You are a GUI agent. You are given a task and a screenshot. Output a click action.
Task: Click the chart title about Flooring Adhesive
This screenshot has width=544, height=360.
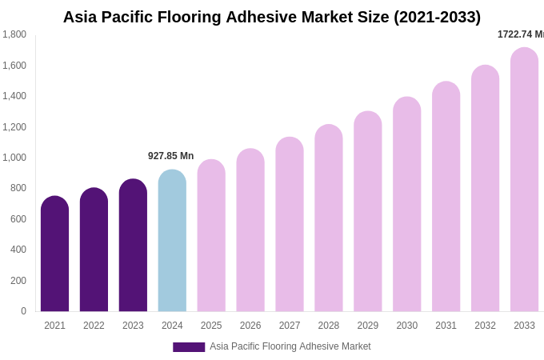pos(271,17)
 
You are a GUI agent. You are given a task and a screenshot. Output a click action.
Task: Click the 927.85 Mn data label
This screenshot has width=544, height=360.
pos(170,156)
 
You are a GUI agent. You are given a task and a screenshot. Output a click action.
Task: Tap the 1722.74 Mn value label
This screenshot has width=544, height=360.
pos(521,34)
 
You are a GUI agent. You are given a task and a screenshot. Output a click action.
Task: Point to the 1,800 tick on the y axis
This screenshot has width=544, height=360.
pos(14,34)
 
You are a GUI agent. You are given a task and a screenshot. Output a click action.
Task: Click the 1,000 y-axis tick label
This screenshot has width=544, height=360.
pos(14,158)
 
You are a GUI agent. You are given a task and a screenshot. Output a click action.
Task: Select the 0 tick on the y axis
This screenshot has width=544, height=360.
pos(23,311)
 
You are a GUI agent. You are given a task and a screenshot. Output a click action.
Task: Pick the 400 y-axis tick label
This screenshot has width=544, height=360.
pos(17,250)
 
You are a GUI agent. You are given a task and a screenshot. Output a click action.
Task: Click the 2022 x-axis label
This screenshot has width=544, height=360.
pos(94,326)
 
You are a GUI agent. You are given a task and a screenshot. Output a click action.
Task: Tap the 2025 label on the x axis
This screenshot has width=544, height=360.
pos(211,326)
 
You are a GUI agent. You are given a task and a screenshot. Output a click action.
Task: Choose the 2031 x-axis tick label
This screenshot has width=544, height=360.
pos(446,326)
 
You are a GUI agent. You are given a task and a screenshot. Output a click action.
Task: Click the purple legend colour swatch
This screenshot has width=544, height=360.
pos(189,347)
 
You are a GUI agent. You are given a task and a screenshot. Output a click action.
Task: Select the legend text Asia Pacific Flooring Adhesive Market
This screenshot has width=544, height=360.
pos(290,346)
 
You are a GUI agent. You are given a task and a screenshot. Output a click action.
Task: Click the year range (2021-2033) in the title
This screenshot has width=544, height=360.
pos(437,17)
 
